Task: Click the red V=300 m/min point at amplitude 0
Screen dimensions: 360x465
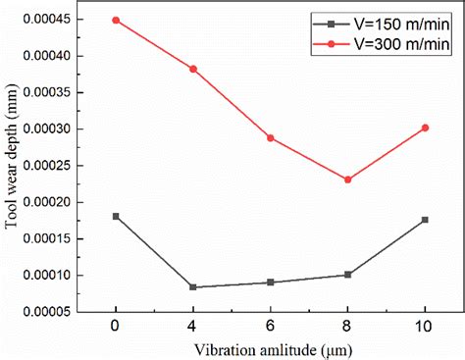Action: tap(116, 20)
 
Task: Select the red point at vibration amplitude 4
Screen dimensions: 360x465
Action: tap(193, 69)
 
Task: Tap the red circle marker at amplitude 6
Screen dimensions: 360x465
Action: tap(271, 138)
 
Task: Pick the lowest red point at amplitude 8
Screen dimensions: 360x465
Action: tap(348, 180)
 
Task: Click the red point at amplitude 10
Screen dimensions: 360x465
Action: tap(425, 128)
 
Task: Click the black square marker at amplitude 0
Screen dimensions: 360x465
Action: tap(116, 216)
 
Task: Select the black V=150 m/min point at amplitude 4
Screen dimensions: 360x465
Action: tap(193, 287)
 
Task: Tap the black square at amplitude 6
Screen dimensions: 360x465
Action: tap(271, 283)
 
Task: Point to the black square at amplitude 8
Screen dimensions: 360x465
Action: tap(348, 275)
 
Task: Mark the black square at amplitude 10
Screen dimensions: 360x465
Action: tap(425, 220)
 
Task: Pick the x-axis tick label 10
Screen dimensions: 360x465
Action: tap(425, 325)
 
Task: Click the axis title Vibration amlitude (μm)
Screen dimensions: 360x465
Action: tap(271, 348)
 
